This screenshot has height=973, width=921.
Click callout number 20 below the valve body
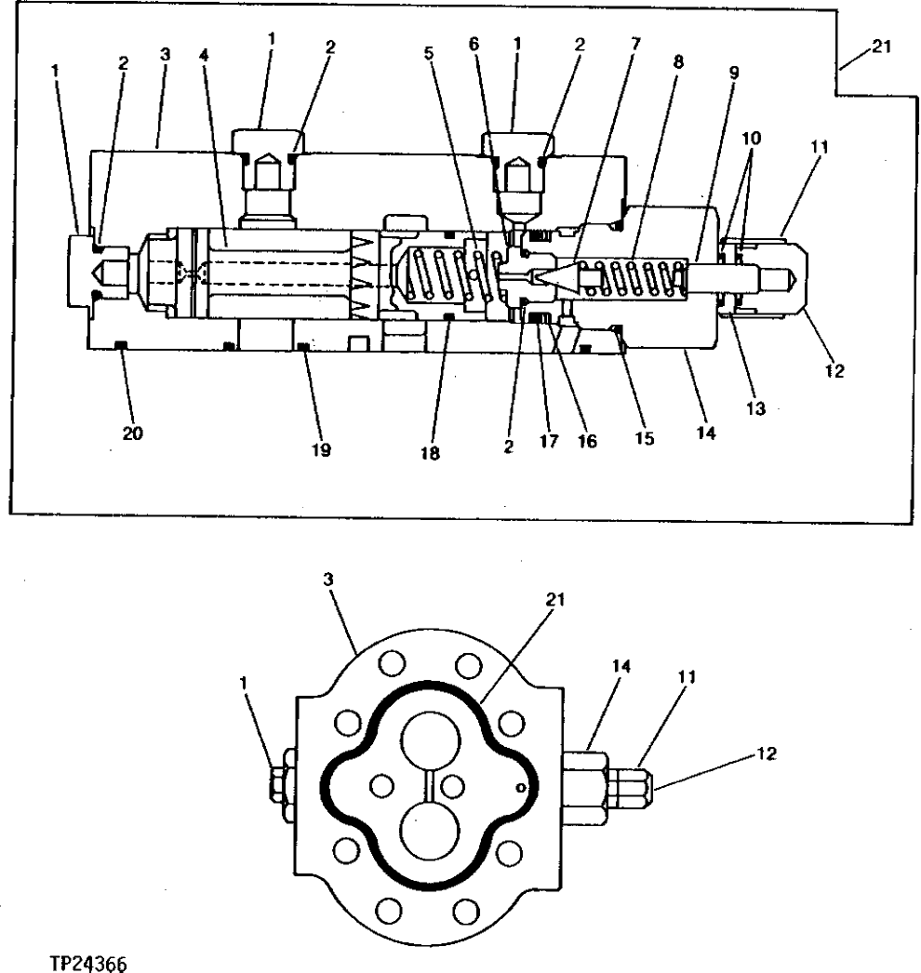[132, 433]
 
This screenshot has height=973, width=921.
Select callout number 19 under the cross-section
[322, 450]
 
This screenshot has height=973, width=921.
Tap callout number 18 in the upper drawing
[430, 453]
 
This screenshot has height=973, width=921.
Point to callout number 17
[549, 442]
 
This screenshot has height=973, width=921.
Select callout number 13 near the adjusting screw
[755, 408]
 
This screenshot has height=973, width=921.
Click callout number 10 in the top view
[752, 137]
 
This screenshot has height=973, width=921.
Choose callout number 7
[634, 45]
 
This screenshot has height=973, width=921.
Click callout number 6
[474, 43]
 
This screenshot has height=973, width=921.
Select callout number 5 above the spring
[429, 53]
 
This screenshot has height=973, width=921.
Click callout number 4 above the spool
[205, 54]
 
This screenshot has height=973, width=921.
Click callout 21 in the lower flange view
[555, 600]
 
